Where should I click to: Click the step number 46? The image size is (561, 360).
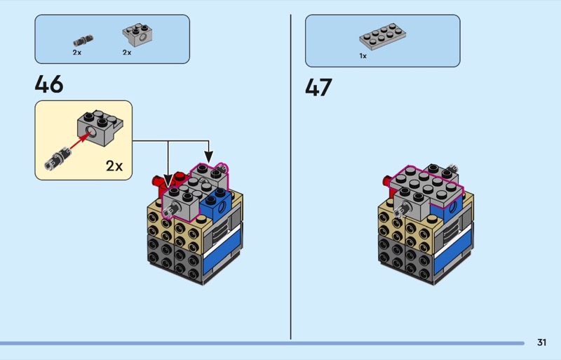point(49,85)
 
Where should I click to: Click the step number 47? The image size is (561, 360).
point(318,88)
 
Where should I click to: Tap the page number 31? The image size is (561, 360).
point(541,342)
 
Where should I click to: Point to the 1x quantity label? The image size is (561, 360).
point(363,55)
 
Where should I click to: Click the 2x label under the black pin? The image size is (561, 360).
point(77,53)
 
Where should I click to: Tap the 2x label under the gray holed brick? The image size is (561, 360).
point(127,53)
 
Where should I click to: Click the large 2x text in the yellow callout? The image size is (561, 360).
point(114,166)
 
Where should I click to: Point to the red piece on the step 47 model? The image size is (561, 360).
point(388,183)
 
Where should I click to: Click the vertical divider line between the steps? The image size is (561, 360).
point(291,175)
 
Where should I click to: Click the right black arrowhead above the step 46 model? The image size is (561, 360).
point(208,155)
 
